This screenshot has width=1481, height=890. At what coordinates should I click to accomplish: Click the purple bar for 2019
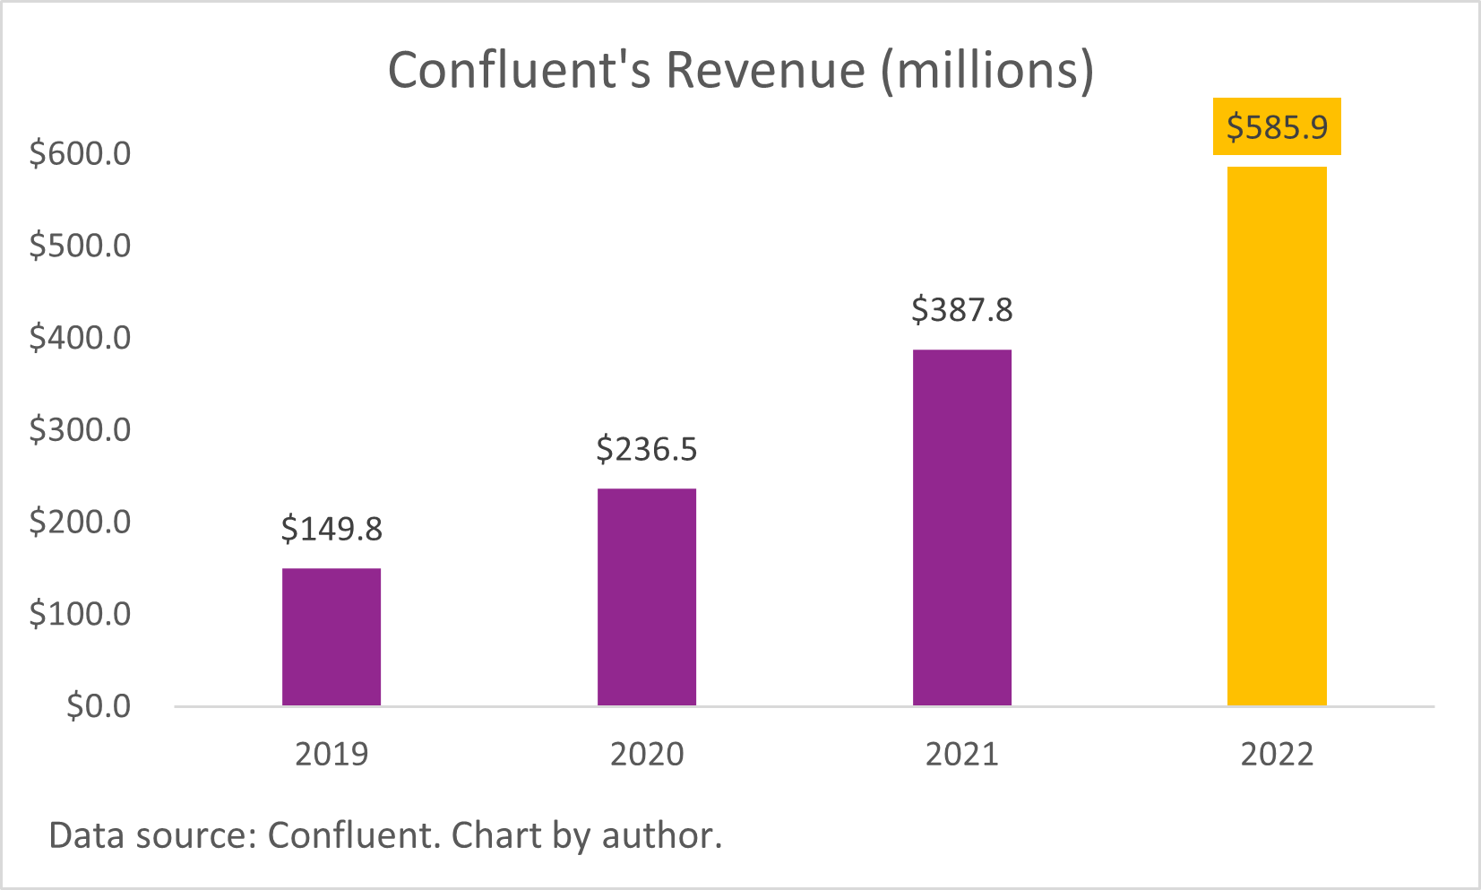332,636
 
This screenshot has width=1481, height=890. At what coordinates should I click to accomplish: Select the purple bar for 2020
647,597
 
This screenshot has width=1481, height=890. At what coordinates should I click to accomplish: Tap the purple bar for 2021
962,527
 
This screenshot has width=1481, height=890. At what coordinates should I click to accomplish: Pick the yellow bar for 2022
1277,436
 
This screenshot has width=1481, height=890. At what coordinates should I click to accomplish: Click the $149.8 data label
332,529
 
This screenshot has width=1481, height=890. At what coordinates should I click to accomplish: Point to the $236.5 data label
647,449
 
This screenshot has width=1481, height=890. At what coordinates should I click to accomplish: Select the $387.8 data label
962,310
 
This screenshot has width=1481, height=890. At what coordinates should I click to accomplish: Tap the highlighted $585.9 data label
1277,127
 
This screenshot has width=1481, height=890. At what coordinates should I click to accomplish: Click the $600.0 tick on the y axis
81,153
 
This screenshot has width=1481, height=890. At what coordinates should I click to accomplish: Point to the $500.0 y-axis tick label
81,246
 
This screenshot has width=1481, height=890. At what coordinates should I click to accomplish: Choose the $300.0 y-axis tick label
81,430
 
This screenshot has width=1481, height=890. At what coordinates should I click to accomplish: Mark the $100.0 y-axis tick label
81,614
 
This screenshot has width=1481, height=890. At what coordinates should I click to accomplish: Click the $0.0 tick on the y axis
99,706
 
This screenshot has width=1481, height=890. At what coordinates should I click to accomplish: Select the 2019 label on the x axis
332,754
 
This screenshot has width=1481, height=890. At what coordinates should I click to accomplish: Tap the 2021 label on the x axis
962,754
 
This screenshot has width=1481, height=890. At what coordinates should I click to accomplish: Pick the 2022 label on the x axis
1277,754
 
